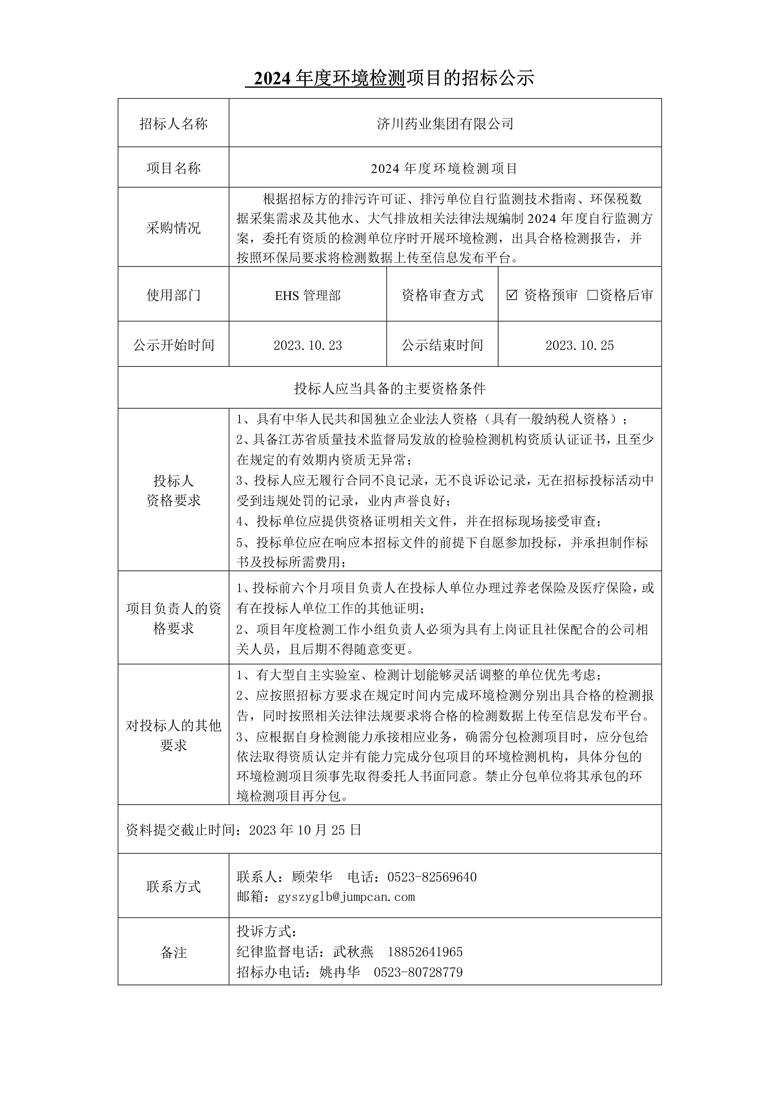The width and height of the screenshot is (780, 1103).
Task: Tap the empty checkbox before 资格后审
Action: pyautogui.click(x=592, y=295)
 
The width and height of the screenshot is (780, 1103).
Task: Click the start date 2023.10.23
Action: pyautogui.click(x=308, y=346)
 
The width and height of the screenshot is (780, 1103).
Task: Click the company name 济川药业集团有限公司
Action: pyautogui.click(x=445, y=124)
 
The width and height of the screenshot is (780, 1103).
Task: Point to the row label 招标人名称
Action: pyautogui.click(x=174, y=124)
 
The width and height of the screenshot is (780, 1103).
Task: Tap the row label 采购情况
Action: pyautogui.click(x=174, y=228)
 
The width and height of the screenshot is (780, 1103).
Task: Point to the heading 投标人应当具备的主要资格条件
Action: pyautogui.click(x=390, y=388)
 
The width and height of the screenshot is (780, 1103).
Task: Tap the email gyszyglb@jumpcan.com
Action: pyautogui.click(x=346, y=897)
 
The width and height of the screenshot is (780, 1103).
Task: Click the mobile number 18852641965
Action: pyautogui.click(x=425, y=952)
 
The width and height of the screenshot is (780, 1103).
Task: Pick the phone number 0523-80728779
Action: pyautogui.click(x=418, y=972)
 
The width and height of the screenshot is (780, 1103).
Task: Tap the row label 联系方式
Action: pyautogui.click(x=174, y=887)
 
